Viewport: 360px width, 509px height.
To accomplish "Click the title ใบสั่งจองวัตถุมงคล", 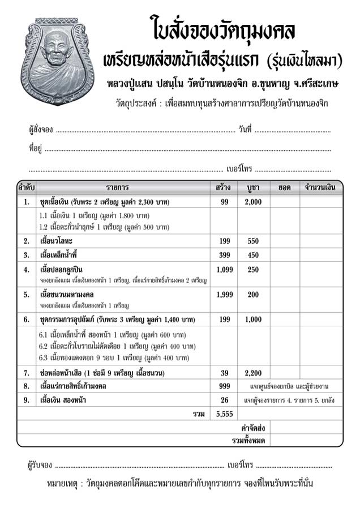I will [222, 28].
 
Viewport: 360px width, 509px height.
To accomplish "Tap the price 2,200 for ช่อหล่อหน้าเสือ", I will [253, 373].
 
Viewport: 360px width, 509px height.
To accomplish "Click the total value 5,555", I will [224, 414].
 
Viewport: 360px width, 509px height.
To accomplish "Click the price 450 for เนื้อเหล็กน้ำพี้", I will [253, 255].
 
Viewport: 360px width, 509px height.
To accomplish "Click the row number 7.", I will [27, 373].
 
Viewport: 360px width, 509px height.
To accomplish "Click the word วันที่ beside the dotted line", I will [245, 130].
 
